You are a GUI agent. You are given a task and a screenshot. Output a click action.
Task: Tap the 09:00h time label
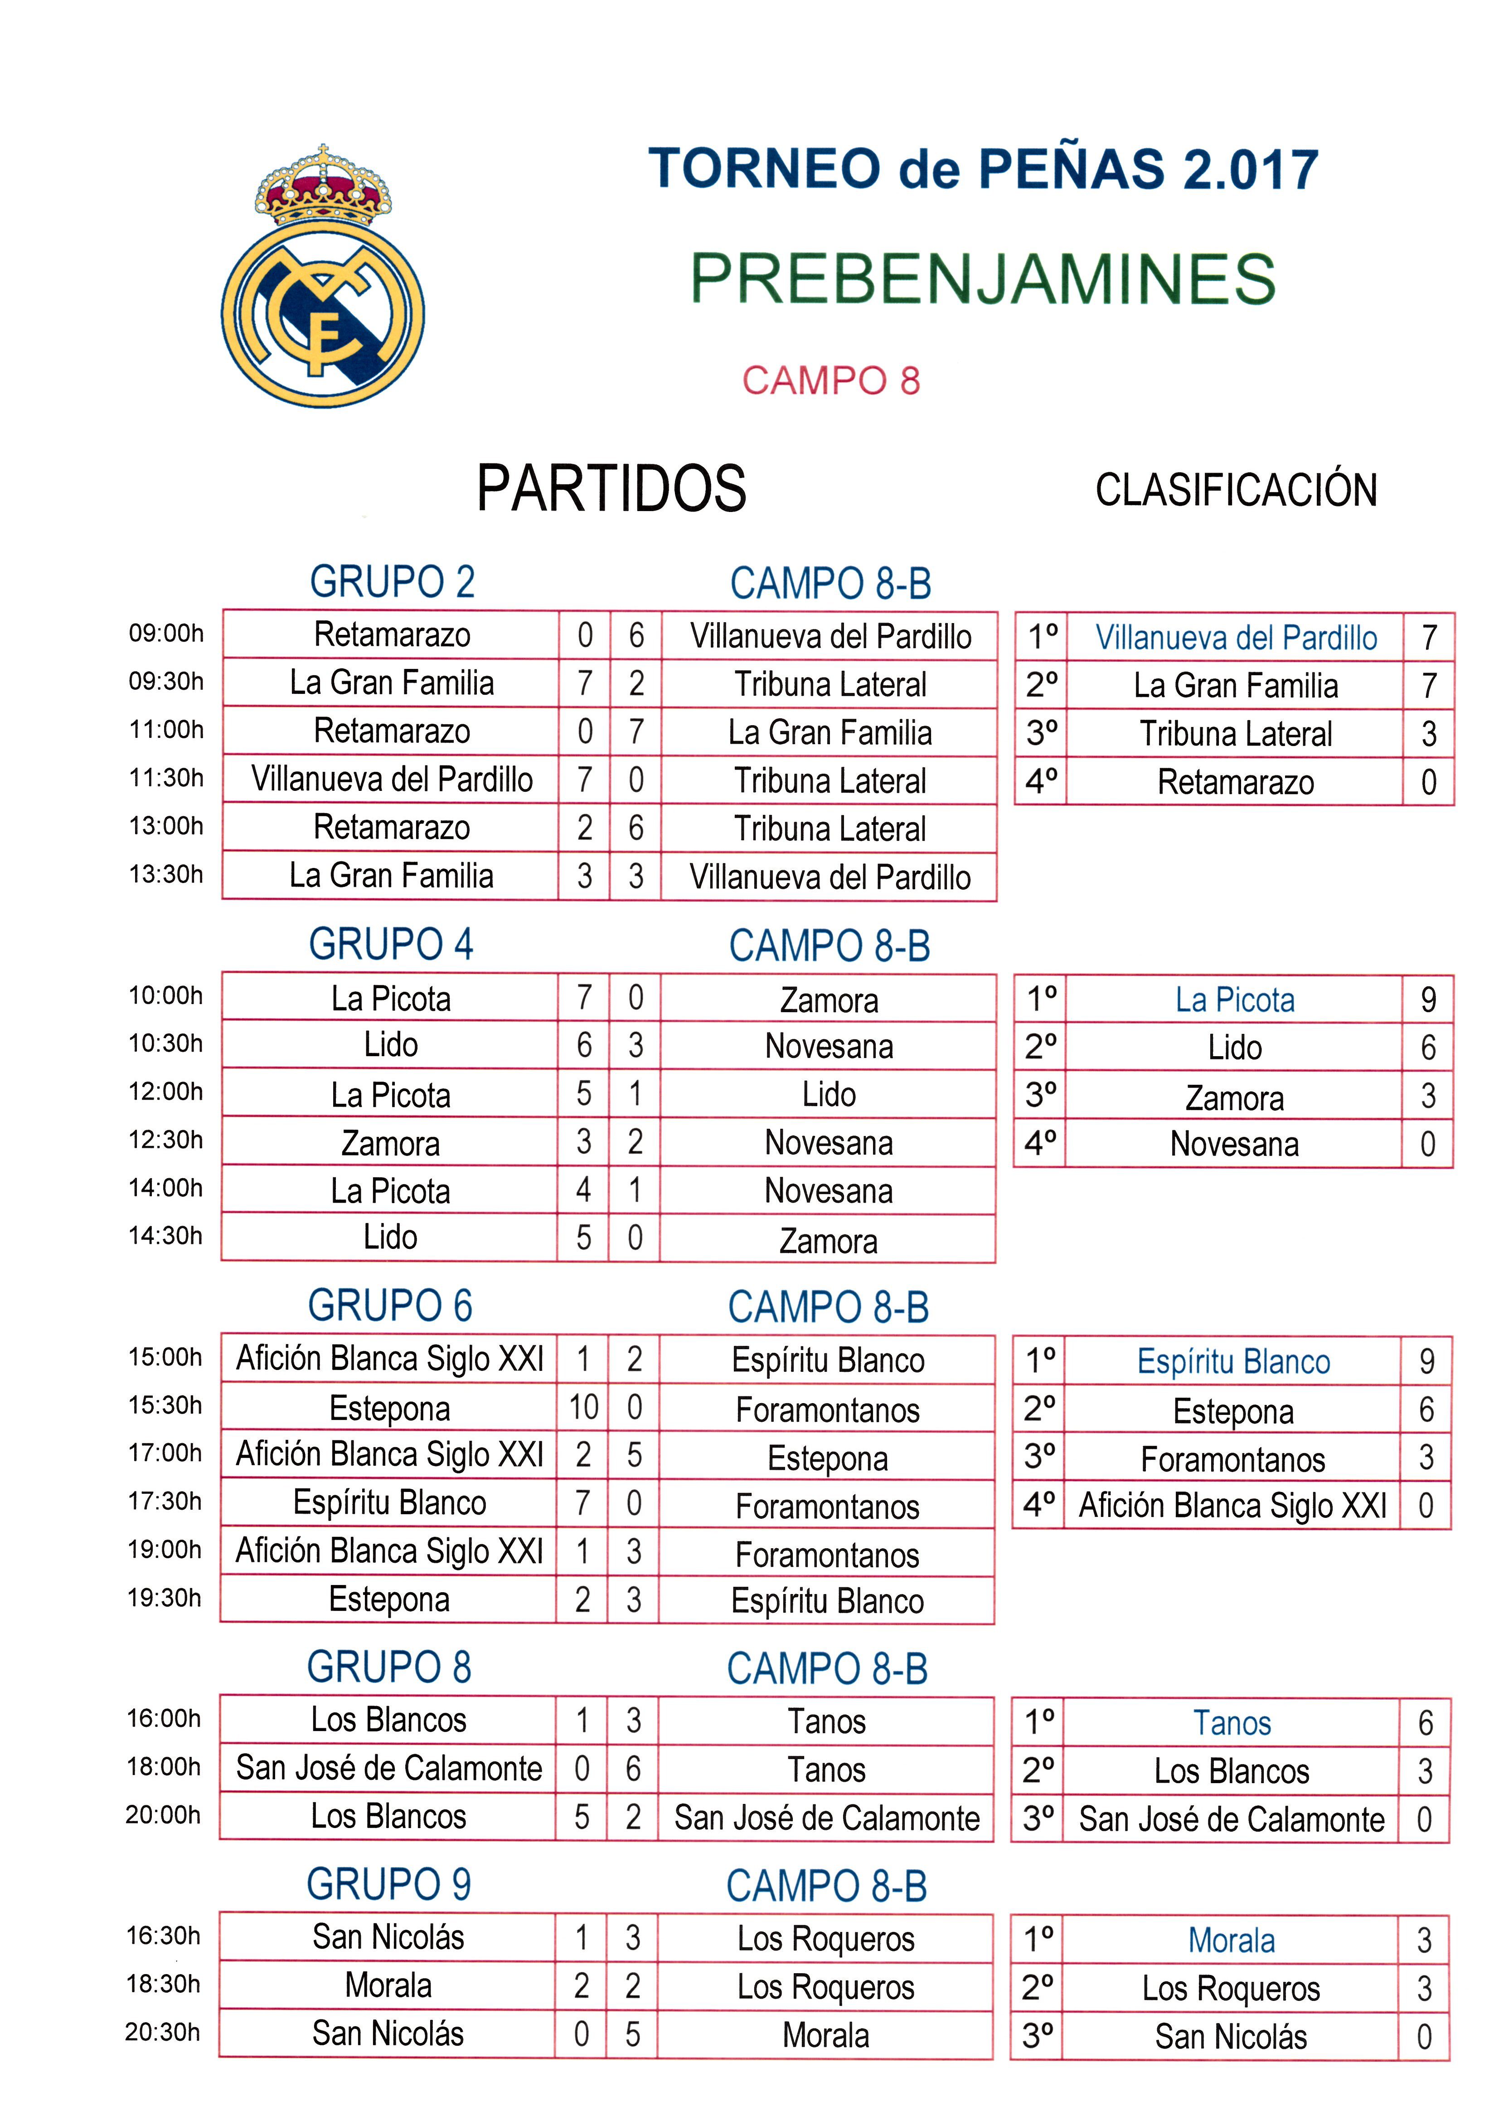pos(166,634)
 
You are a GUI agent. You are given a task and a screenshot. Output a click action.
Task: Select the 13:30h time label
pos(166,874)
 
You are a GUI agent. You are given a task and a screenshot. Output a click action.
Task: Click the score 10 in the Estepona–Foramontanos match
pos(583,1407)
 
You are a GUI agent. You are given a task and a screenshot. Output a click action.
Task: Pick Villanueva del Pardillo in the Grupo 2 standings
pos(1236,638)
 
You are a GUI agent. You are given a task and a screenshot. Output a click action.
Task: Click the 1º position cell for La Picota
pos(1041,999)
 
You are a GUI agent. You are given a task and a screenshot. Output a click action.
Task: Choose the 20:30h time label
pos(163,2031)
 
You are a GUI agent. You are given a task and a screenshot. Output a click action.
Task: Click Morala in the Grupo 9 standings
pos(1231,1940)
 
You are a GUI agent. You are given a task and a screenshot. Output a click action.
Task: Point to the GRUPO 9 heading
pos(389,1883)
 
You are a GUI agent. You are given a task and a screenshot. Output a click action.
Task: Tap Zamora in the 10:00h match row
pos(829,1000)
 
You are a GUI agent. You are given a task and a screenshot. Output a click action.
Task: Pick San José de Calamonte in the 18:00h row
pos(389,1768)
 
